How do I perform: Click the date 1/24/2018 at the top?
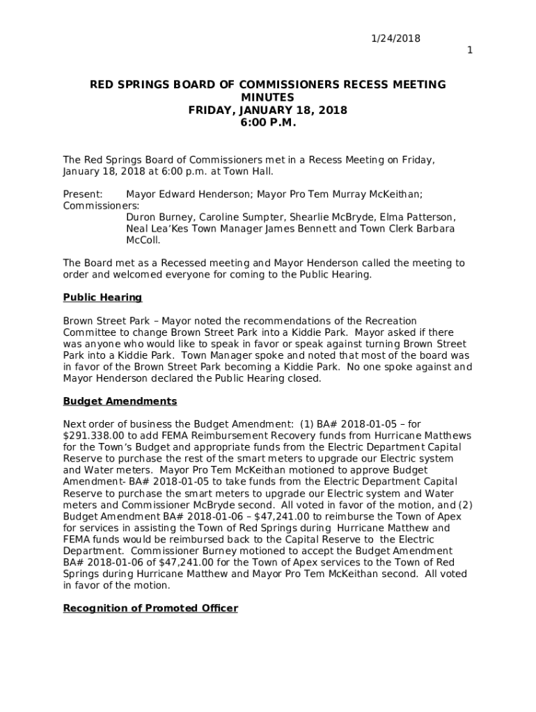395,38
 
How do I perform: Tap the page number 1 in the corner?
470,50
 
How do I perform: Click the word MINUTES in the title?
267,97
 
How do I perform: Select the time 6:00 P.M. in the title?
268,122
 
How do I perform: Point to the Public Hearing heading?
102,298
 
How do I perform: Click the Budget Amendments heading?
120,401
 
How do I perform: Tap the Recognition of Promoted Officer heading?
150,608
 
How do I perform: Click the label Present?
83,195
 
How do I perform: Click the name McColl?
143,240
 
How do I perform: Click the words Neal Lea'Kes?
155,229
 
